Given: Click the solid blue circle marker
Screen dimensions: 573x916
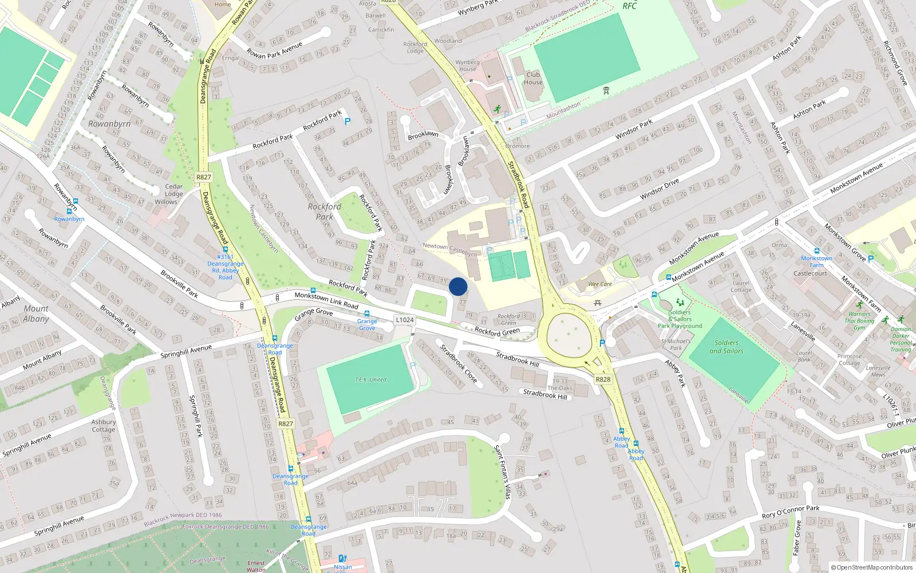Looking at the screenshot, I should [458, 286].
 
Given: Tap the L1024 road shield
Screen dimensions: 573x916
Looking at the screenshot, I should [404, 320].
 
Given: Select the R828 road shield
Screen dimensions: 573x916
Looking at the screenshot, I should [603, 379].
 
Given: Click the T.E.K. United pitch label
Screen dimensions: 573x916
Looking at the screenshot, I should [370, 379].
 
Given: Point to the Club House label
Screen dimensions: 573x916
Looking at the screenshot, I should [533, 78].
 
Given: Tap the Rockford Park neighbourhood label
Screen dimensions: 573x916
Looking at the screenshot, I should [325, 211].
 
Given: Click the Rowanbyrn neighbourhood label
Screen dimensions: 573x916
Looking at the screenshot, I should [109, 124].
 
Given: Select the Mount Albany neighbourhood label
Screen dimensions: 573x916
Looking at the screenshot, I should [36, 313].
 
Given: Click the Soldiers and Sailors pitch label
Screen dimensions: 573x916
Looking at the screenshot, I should [727, 347].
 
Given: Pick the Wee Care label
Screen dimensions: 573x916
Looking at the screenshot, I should [600, 284].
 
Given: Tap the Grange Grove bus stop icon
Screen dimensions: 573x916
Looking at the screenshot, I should [367, 313].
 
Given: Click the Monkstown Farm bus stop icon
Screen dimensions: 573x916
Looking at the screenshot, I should [816, 251].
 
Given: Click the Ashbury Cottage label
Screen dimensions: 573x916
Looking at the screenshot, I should [104, 426].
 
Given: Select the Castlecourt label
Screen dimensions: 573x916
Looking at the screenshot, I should [810, 273].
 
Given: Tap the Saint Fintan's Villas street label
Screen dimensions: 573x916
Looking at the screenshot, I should [502, 472].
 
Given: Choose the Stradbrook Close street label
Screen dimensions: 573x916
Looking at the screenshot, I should [458, 363].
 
